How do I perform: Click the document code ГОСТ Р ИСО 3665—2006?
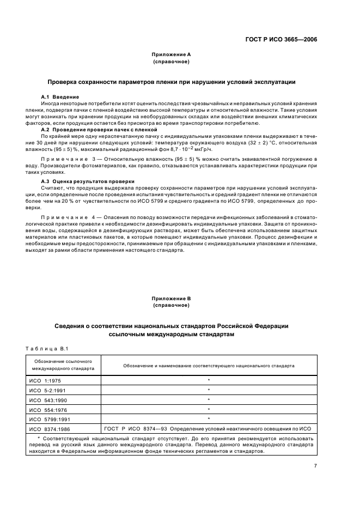point(284,39)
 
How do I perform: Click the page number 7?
point(315,466)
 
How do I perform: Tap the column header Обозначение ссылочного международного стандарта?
point(63,365)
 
